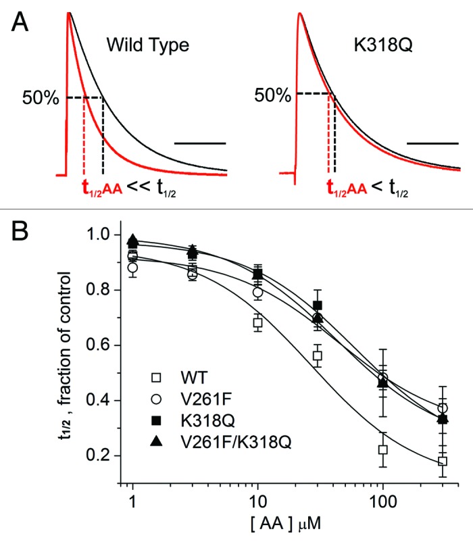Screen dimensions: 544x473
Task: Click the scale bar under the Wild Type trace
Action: coord(200,143)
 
